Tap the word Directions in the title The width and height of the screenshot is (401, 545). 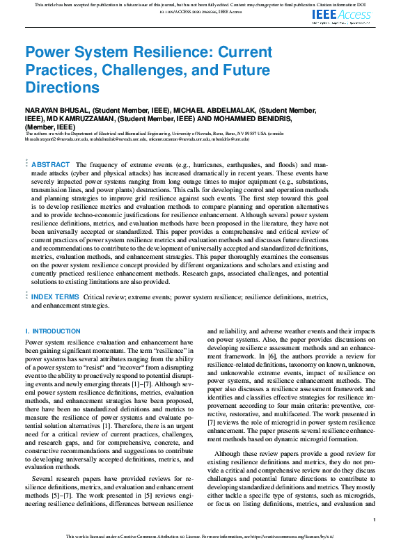63,88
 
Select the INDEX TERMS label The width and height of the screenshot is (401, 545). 56,297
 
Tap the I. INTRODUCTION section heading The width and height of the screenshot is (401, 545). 53,331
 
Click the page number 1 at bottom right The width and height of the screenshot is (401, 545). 375,520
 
